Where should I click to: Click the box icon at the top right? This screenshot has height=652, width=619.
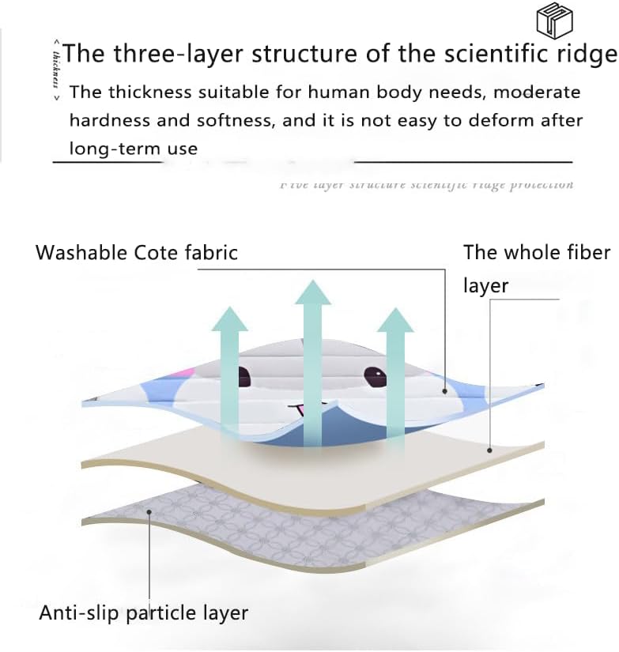pyautogui.click(x=554, y=19)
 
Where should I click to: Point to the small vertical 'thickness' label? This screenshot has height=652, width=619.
pyautogui.click(x=55, y=69)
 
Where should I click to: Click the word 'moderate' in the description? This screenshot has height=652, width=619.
pyautogui.click(x=537, y=92)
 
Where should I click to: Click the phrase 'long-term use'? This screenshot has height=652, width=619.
pyautogui.click(x=133, y=148)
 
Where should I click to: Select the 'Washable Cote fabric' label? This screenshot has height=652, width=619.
pyautogui.click(x=137, y=253)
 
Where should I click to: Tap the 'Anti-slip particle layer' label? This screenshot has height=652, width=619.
pyautogui.click(x=144, y=612)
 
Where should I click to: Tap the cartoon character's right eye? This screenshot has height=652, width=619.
pyautogui.click(x=376, y=377)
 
